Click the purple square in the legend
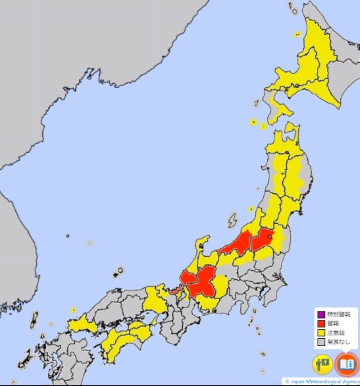[x=321, y=314]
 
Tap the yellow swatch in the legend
[x=321, y=333]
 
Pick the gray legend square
[x=321, y=342]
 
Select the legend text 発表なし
[x=338, y=342]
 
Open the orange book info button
[x=346, y=364]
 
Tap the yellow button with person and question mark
[x=323, y=364]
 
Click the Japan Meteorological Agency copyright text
[x=321, y=381]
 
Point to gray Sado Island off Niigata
[x=232, y=220]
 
